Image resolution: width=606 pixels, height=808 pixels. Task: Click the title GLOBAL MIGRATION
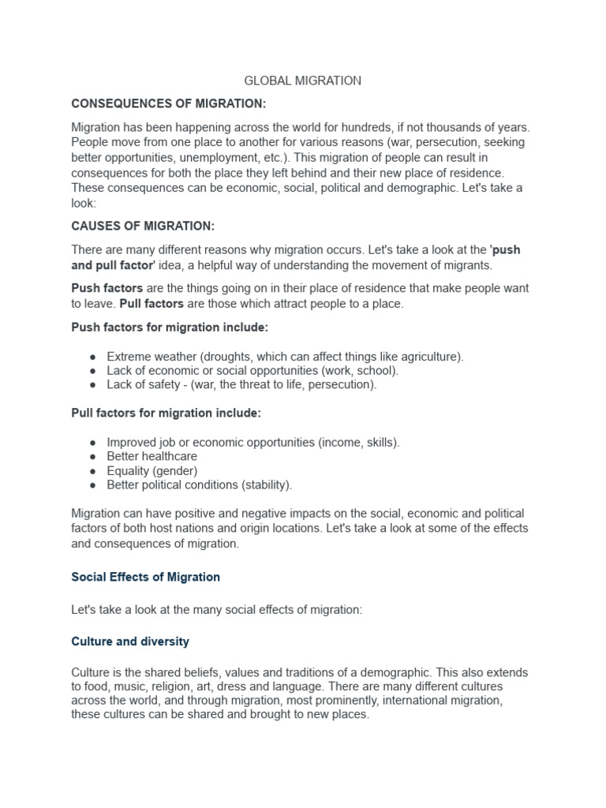click(x=303, y=80)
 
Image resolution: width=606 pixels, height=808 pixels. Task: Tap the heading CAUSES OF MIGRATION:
click(x=143, y=226)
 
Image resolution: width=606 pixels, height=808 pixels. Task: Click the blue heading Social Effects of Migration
click(x=146, y=577)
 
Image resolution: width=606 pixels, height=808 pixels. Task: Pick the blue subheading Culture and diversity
click(x=130, y=642)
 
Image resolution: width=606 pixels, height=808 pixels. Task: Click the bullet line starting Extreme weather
click(x=285, y=357)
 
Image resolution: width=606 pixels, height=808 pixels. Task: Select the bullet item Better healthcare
click(x=151, y=456)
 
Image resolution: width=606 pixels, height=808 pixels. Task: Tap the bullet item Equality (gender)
click(x=151, y=470)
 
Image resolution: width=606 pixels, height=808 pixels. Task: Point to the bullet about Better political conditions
click(x=199, y=484)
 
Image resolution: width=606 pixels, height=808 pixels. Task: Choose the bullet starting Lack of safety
click(x=241, y=385)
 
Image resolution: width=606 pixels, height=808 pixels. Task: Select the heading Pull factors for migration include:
click(x=166, y=413)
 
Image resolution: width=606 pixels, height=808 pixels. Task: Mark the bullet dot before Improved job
click(x=94, y=442)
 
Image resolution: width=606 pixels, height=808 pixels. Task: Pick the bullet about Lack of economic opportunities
click(x=252, y=371)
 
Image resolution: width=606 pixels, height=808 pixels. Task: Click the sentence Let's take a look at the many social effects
click(x=216, y=609)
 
